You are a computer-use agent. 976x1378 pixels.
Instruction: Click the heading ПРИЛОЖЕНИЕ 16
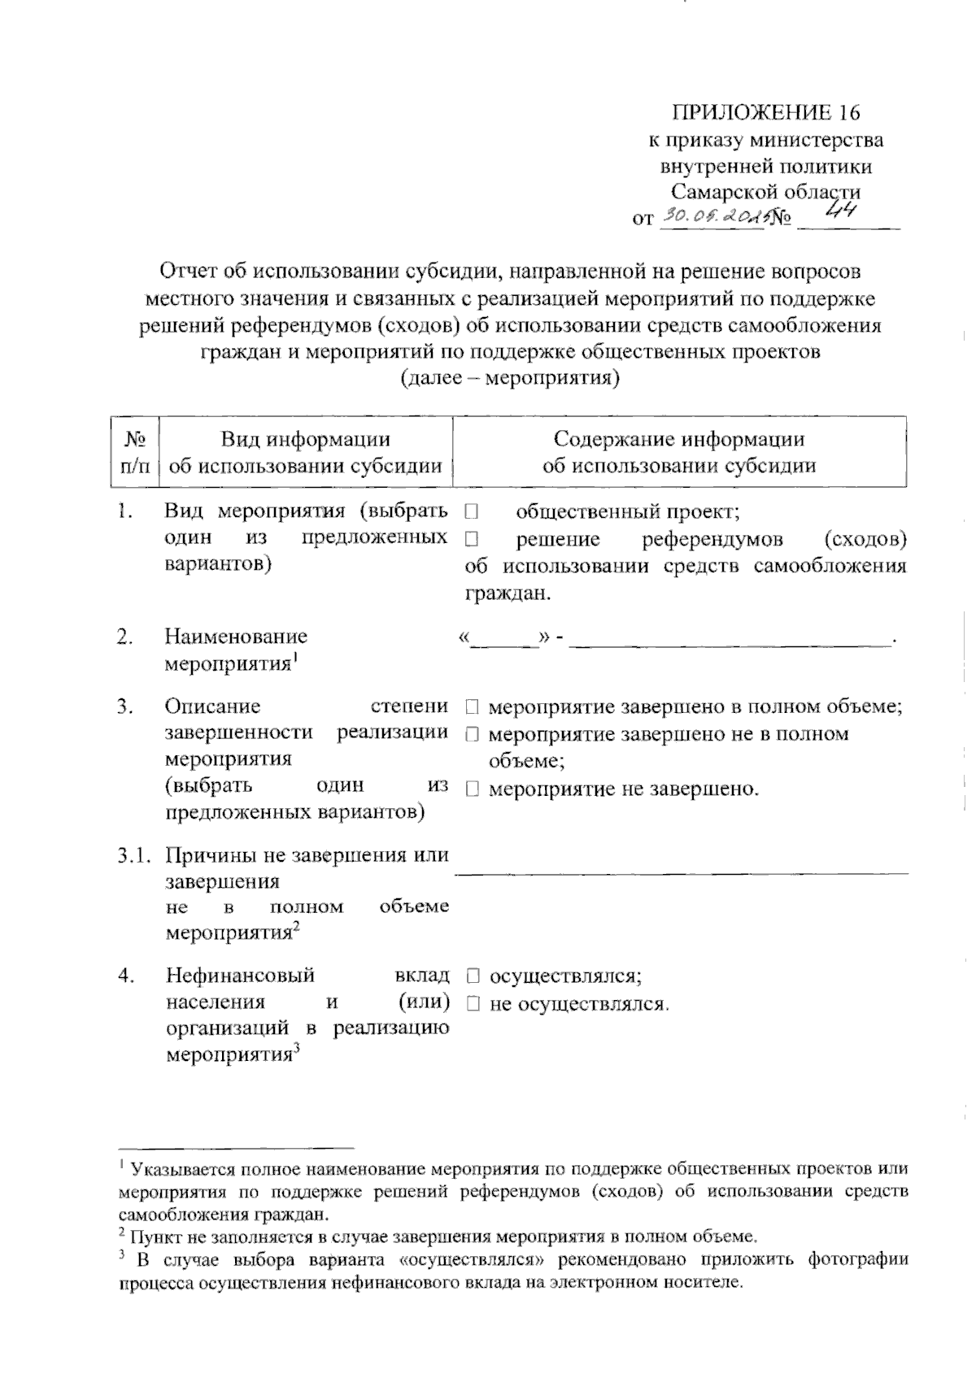coord(765,112)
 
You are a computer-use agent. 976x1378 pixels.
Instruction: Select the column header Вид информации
coord(306,440)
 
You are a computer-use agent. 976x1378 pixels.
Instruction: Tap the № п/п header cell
coord(135,452)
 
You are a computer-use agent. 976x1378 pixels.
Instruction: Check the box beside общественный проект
coord(472,512)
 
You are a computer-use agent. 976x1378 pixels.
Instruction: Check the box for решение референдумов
coord(472,539)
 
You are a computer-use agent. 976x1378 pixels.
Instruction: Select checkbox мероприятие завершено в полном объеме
coord(472,707)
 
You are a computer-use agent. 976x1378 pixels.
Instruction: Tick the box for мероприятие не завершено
coord(472,789)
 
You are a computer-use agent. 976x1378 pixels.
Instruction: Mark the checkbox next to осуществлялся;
coord(473,976)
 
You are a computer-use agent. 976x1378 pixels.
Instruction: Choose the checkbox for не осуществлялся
coord(473,1004)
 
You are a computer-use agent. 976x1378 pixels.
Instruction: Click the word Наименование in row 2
coord(236,637)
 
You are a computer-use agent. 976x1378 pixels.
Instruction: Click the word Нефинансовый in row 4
coord(240,976)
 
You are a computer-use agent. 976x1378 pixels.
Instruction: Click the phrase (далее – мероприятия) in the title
coord(509,378)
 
